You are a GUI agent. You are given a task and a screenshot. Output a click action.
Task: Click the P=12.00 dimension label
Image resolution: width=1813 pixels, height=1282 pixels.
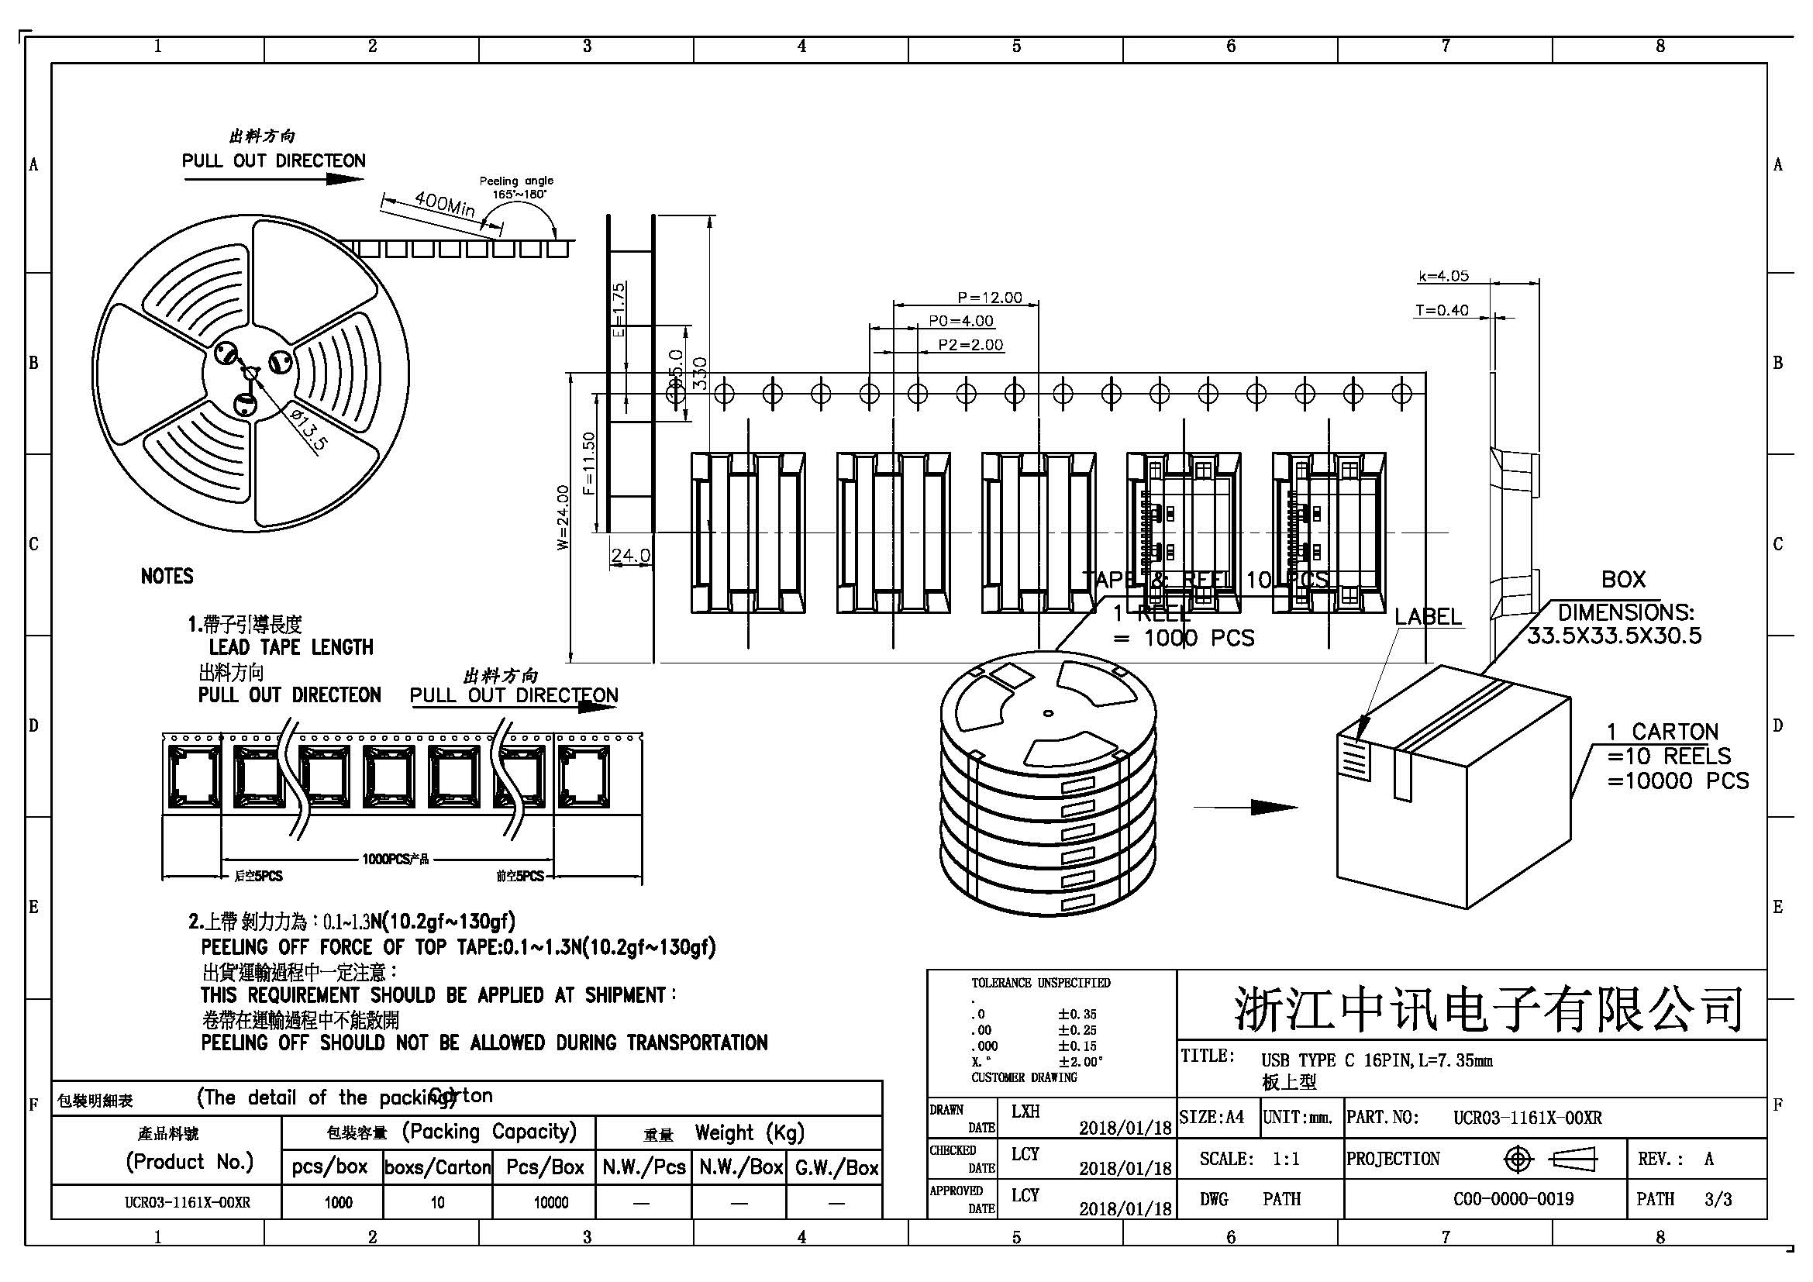[x=988, y=298]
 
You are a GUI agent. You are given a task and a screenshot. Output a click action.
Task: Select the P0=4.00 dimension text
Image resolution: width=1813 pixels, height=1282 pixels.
[x=960, y=322]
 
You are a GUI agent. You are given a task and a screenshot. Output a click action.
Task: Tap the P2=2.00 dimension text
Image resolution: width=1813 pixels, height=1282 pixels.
[x=970, y=345]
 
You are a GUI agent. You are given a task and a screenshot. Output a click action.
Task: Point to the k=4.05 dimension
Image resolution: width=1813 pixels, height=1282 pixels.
[x=1442, y=276]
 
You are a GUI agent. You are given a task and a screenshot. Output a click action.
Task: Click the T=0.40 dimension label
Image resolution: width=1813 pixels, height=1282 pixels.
[x=1441, y=311]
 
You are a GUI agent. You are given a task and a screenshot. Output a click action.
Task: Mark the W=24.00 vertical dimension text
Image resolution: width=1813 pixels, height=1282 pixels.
[x=562, y=517]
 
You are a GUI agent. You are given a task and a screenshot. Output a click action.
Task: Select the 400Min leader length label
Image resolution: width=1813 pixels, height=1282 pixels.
[x=444, y=205]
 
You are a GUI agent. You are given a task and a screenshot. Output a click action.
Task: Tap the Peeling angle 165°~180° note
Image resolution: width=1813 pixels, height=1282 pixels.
[x=517, y=187]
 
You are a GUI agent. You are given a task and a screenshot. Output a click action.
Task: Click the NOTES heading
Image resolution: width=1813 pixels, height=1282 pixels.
[x=167, y=576]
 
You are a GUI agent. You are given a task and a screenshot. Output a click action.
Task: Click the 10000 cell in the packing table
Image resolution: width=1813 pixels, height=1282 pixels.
[x=550, y=1202]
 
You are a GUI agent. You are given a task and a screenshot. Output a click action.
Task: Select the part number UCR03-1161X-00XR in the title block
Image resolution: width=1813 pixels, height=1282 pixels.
[x=1527, y=1118]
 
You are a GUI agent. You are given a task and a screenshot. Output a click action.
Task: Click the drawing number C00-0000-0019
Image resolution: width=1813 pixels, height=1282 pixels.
[x=1513, y=1199]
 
